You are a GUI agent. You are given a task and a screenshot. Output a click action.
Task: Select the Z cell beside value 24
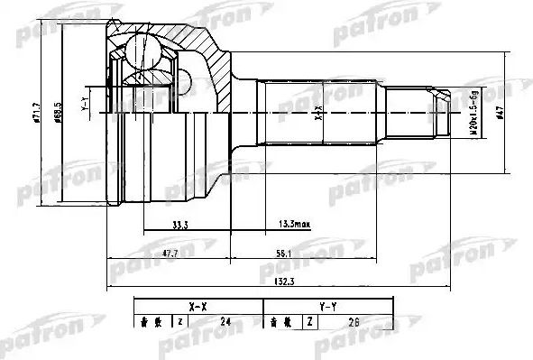(180, 321)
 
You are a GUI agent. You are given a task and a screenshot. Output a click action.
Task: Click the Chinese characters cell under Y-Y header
(279, 321)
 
